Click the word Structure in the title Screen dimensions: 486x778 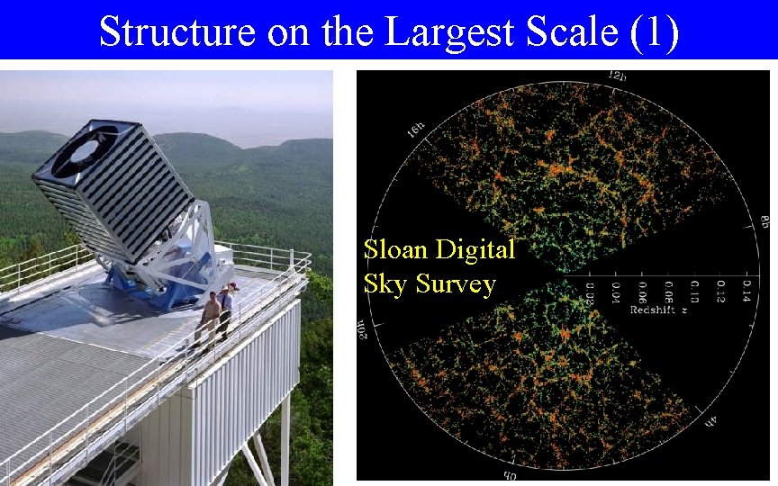[x=177, y=31]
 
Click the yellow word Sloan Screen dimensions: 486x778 [x=396, y=249]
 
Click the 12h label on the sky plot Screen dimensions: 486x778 [x=617, y=76]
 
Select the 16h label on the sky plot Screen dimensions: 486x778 [x=415, y=131]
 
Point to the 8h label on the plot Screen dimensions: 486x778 [x=762, y=223]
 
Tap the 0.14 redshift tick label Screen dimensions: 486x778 [x=746, y=289]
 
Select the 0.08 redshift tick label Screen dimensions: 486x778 [x=667, y=291]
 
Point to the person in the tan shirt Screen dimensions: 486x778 [x=209, y=316]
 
